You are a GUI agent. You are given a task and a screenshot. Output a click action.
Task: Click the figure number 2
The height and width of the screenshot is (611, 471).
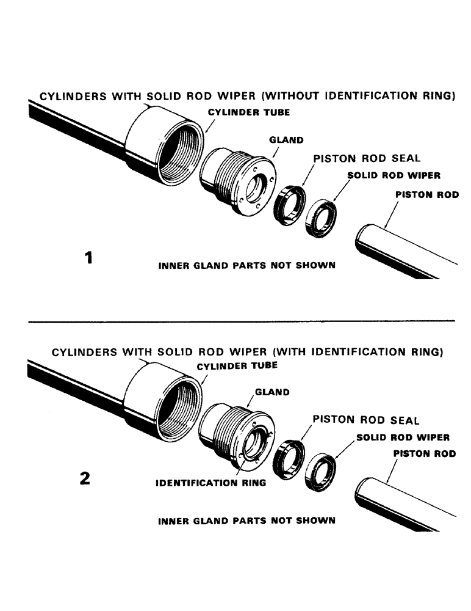click(x=85, y=478)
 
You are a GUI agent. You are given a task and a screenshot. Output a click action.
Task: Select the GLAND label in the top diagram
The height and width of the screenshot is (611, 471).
click(x=286, y=140)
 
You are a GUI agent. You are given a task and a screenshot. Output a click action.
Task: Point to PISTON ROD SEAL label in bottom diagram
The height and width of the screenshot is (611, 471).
click(x=366, y=420)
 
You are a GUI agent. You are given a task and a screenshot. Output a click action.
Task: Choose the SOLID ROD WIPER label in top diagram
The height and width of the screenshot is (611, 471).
click(x=394, y=175)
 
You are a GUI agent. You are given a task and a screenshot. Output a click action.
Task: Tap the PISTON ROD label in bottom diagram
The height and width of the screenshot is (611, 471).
click(x=424, y=454)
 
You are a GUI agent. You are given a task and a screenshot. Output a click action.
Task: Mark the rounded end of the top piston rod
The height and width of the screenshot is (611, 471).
click(x=364, y=237)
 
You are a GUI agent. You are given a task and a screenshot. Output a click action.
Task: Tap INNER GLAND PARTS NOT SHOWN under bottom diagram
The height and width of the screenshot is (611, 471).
click(x=246, y=521)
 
